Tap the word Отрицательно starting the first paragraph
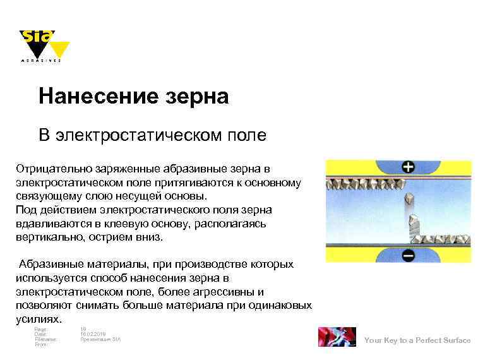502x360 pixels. (x=54, y=169)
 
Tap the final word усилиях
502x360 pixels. (x=39, y=319)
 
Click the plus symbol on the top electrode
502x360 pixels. (x=409, y=167)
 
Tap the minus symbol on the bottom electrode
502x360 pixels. (x=409, y=255)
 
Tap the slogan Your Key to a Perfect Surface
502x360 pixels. (x=417, y=340)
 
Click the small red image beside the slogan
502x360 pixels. (x=337, y=337)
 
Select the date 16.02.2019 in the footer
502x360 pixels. (x=93, y=334)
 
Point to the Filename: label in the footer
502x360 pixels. (x=45, y=339)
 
